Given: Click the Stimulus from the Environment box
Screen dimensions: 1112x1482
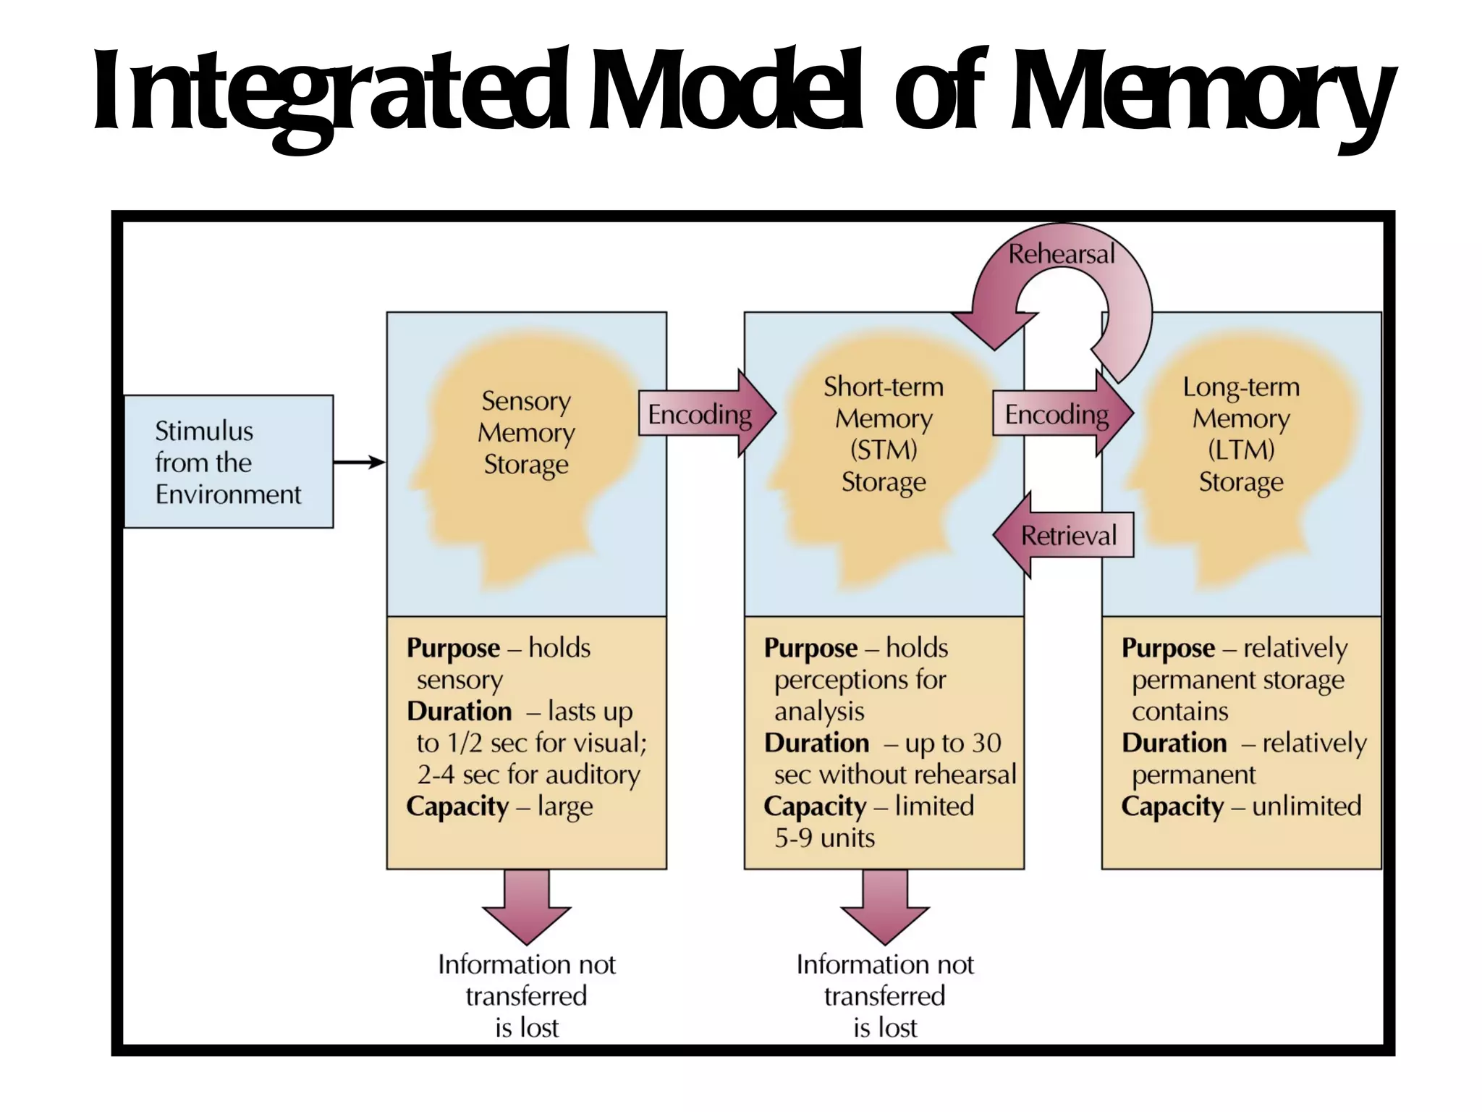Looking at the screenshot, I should click(228, 462).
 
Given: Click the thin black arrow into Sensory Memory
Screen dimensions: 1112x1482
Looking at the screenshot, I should click(360, 462).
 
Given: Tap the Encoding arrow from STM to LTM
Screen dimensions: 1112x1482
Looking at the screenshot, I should click(1060, 414).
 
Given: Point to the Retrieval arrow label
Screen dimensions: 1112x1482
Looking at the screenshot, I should click(1068, 536).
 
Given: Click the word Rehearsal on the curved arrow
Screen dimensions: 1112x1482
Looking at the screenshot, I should click(1062, 254).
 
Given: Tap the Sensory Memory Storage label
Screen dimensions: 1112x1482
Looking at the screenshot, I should click(526, 432).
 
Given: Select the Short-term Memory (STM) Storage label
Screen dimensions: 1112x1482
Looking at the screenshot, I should click(884, 434).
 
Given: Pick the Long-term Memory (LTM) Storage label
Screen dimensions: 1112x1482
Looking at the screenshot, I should click(1241, 434).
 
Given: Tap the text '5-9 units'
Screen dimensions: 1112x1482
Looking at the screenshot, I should click(824, 838).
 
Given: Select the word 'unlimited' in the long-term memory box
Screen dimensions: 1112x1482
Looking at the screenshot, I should click(1306, 806).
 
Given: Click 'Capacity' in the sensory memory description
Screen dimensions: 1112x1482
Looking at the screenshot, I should click(457, 806).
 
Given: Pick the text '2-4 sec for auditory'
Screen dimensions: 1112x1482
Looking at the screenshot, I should click(528, 775).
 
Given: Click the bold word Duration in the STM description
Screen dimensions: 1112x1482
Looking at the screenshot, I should click(816, 743).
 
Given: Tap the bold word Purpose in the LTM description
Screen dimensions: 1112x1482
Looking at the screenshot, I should click(1168, 648).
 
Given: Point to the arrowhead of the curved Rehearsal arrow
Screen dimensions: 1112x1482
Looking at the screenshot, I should click(993, 330).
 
